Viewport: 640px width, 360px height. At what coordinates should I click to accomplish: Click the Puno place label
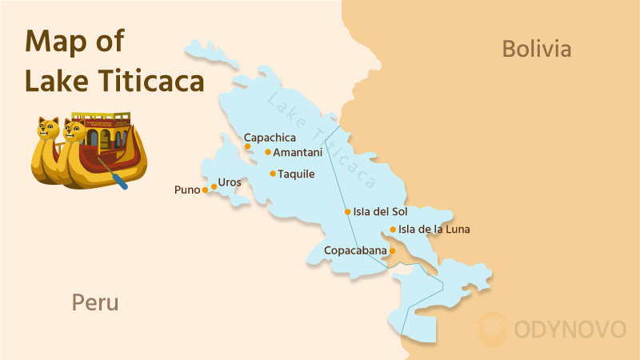point(186,190)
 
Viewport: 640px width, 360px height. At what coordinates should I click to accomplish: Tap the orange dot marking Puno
point(206,190)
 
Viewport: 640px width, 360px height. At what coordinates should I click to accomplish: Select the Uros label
point(230,182)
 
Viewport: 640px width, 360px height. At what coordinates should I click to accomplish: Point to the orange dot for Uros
point(214,186)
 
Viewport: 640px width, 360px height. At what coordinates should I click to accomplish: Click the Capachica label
point(270,138)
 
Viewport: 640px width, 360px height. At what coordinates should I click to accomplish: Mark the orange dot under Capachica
point(247,146)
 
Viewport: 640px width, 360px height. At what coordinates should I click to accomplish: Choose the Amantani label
point(298,152)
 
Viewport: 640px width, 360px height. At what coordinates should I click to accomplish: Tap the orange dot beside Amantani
point(268,152)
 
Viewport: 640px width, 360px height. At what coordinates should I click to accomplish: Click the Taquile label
point(296,174)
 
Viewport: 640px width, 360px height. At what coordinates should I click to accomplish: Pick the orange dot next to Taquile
point(273,174)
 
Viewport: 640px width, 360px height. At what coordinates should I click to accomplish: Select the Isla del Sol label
point(381,212)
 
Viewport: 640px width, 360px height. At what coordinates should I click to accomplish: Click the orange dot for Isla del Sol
point(347,212)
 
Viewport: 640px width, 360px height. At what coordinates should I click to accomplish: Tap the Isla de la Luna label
point(434,230)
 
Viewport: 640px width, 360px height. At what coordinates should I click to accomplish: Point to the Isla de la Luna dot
point(393,230)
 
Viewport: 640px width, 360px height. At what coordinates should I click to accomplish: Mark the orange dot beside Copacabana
point(392,250)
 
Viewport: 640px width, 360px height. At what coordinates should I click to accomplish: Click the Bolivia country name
point(537,49)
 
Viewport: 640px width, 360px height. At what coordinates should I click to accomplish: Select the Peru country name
point(95,302)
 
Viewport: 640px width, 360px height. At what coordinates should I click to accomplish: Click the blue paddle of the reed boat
point(119,181)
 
